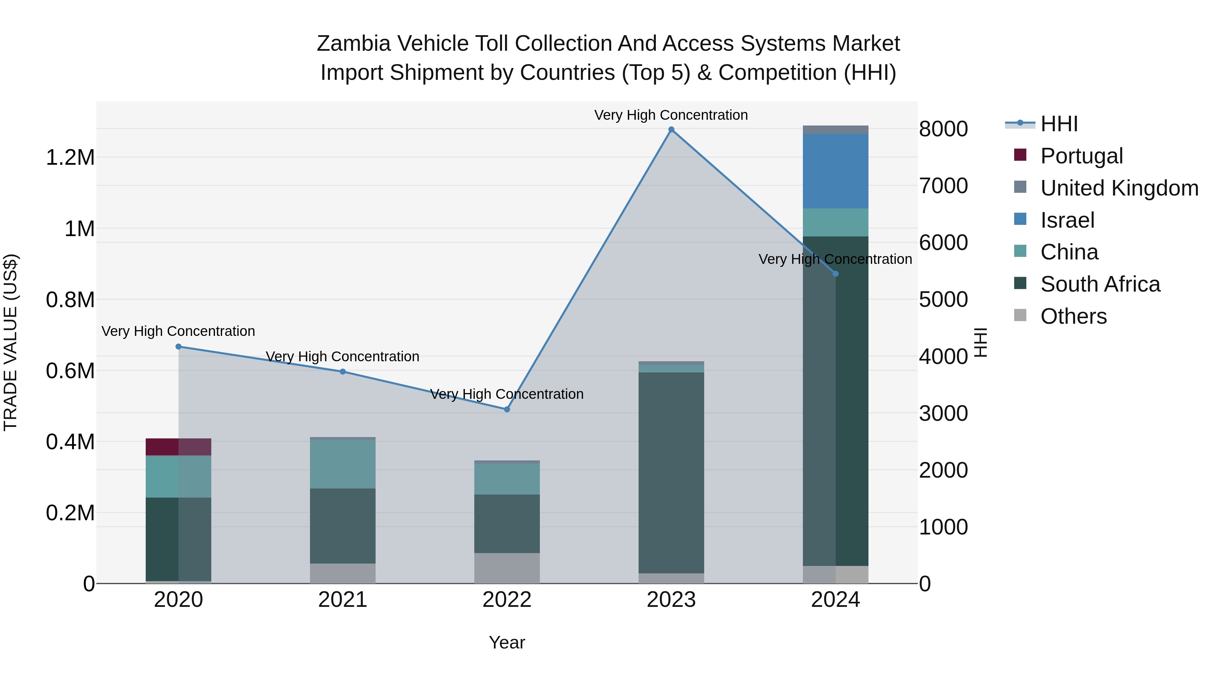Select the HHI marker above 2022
pyautogui.click(x=507, y=409)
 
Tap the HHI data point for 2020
pyautogui.click(x=178, y=346)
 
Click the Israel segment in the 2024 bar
pyautogui.click(x=835, y=171)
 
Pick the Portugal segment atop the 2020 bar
pyautogui.click(x=178, y=447)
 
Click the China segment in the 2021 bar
pyautogui.click(x=342, y=464)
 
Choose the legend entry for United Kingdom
pyautogui.click(x=1119, y=188)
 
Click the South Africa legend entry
pyautogui.click(x=1100, y=284)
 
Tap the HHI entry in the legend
pyautogui.click(x=1059, y=124)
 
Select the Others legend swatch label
pyautogui.click(x=1073, y=316)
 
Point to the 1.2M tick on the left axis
pyautogui.click(x=70, y=157)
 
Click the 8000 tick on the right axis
pyautogui.click(x=943, y=129)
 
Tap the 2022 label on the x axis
pyautogui.click(x=507, y=600)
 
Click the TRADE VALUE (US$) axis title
pyautogui.click(x=10, y=342)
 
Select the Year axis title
pyautogui.click(x=507, y=642)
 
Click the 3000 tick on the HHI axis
pyautogui.click(x=943, y=414)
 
